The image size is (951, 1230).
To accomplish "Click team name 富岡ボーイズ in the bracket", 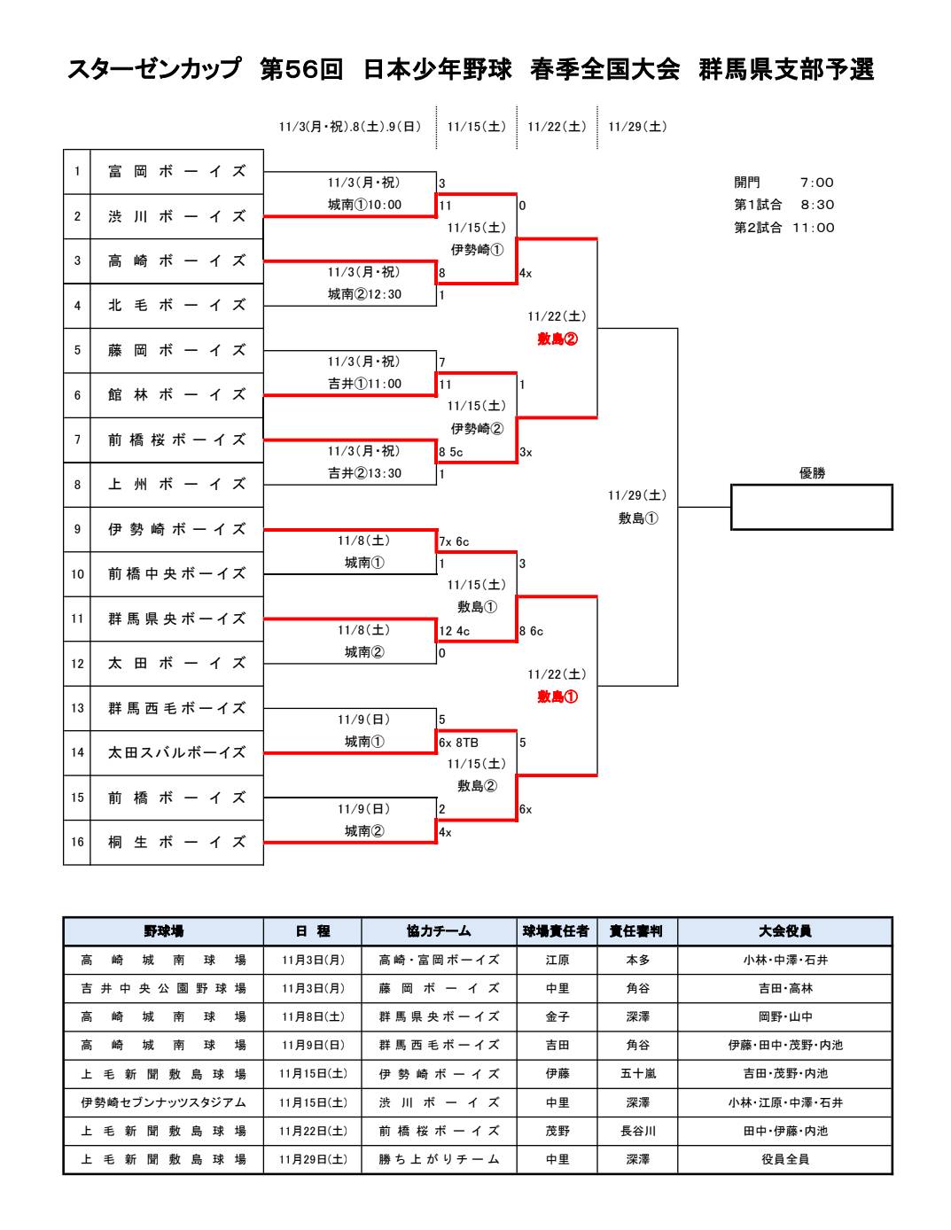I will pyautogui.click(x=176, y=172).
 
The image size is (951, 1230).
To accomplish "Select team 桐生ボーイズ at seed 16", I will pyautogui.click(x=176, y=843).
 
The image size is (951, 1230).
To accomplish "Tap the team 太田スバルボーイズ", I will pyautogui.click(x=176, y=753).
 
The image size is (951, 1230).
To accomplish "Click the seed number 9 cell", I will pyautogui.click(x=77, y=530).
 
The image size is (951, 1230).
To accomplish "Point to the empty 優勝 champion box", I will pyautogui.click(x=811, y=507).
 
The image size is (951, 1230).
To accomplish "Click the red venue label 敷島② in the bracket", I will pyautogui.click(x=557, y=339).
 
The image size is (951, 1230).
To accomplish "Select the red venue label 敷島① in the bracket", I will pyautogui.click(x=557, y=697).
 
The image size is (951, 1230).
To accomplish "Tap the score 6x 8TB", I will pyautogui.click(x=458, y=743).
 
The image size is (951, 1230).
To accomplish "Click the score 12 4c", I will pyautogui.click(x=454, y=631).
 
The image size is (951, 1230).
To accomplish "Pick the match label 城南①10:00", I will pyautogui.click(x=364, y=205).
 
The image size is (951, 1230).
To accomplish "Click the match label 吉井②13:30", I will pyautogui.click(x=364, y=473).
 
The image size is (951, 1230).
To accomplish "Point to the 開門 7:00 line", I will pyautogui.click(x=783, y=183).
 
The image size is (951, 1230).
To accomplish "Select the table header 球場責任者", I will pyautogui.click(x=556, y=931).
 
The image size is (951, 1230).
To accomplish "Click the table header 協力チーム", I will pyautogui.click(x=439, y=931).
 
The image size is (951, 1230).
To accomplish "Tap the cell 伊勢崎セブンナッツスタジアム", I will pyautogui.click(x=163, y=1102).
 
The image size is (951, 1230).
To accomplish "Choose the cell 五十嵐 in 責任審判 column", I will pyautogui.click(x=637, y=1074).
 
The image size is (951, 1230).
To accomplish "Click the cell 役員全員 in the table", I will pyautogui.click(x=784, y=1159).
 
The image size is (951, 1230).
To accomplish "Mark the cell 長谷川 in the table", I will pyautogui.click(x=637, y=1131).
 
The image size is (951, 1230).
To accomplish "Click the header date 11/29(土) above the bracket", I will pyautogui.click(x=637, y=127).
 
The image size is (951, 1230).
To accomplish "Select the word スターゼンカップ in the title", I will pyautogui.click(x=154, y=70).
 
